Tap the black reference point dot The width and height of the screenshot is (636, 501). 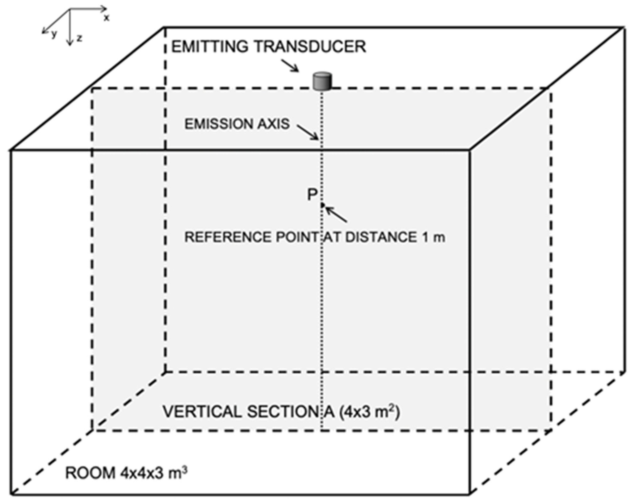point(322,205)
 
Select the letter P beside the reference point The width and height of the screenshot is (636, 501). point(312,194)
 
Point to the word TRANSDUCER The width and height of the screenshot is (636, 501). point(310,47)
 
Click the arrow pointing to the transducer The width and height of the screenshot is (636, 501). point(290,65)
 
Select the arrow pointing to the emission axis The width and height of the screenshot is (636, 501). point(308,132)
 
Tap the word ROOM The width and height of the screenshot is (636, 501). point(90,473)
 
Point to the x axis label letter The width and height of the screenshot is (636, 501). point(106,18)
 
